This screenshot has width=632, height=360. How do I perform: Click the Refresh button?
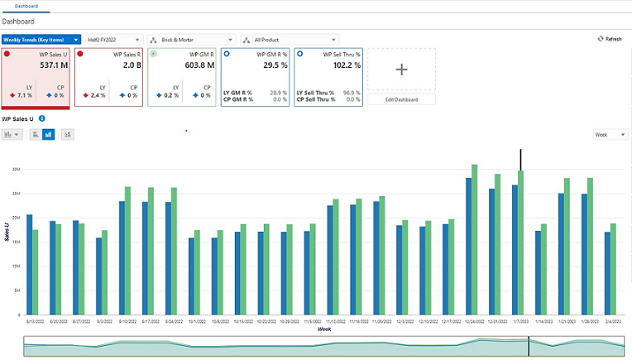click(x=610, y=39)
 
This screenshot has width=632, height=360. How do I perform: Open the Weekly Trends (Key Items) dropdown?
click(x=41, y=39)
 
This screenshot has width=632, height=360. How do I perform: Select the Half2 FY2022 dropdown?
click(x=113, y=39)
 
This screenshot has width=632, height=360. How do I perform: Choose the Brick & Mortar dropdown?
click(x=190, y=39)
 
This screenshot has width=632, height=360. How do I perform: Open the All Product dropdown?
click(x=290, y=39)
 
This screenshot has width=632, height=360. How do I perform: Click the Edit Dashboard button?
click(x=401, y=99)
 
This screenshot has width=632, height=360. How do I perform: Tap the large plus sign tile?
click(x=401, y=70)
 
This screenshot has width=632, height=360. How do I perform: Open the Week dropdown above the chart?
click(x=610, y=134)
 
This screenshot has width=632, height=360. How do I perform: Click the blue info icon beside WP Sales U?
click(x=42, y=119)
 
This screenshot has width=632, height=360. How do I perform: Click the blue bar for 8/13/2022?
click(x=30, y=264)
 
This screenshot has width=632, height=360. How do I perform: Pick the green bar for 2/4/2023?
click(x=613, y=269)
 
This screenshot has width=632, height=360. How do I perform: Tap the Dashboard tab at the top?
click(x=26, y=6)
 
